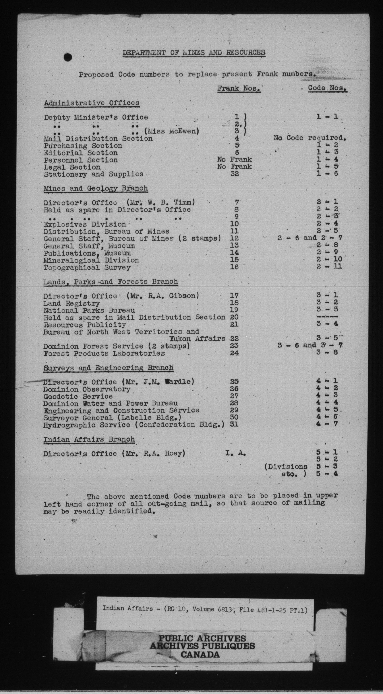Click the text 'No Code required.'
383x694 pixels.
pos(310,138)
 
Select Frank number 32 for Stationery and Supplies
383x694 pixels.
pos(234,174)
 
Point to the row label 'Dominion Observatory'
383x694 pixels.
pos(87,389)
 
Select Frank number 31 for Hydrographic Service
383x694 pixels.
pos(234,425)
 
